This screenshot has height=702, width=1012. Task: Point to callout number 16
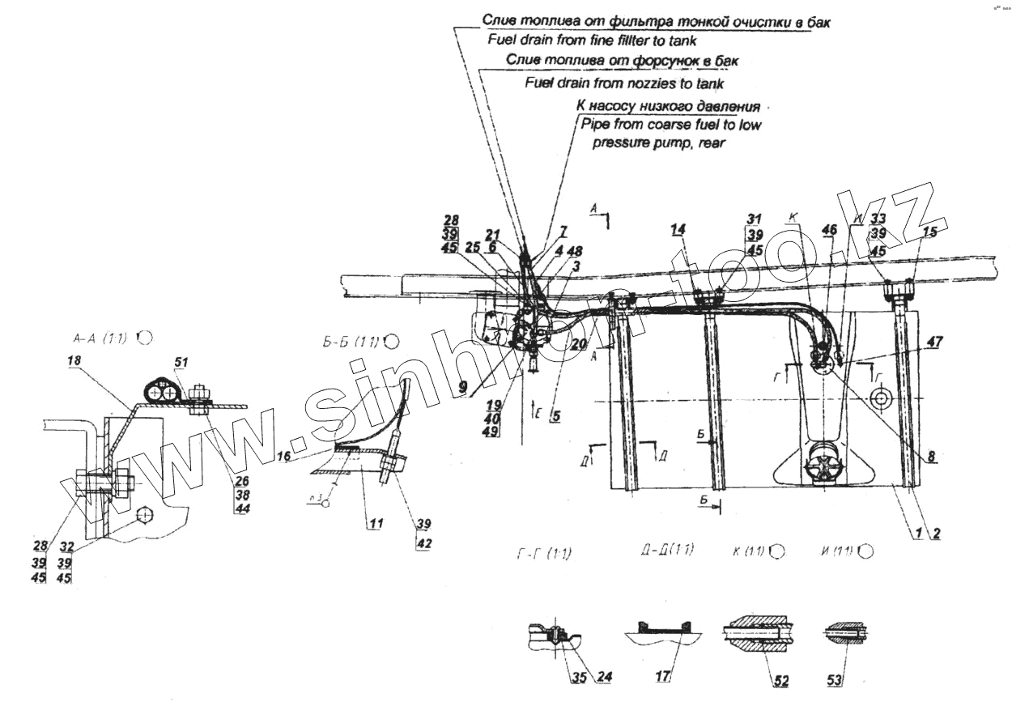284,457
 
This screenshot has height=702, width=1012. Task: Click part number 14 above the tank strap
678,231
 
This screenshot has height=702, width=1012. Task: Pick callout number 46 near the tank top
828,231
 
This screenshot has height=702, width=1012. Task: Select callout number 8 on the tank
932,457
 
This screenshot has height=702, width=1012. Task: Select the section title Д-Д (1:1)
666,552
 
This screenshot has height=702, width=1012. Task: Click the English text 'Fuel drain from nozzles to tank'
624,83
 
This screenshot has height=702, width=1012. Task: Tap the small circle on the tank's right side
878,398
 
